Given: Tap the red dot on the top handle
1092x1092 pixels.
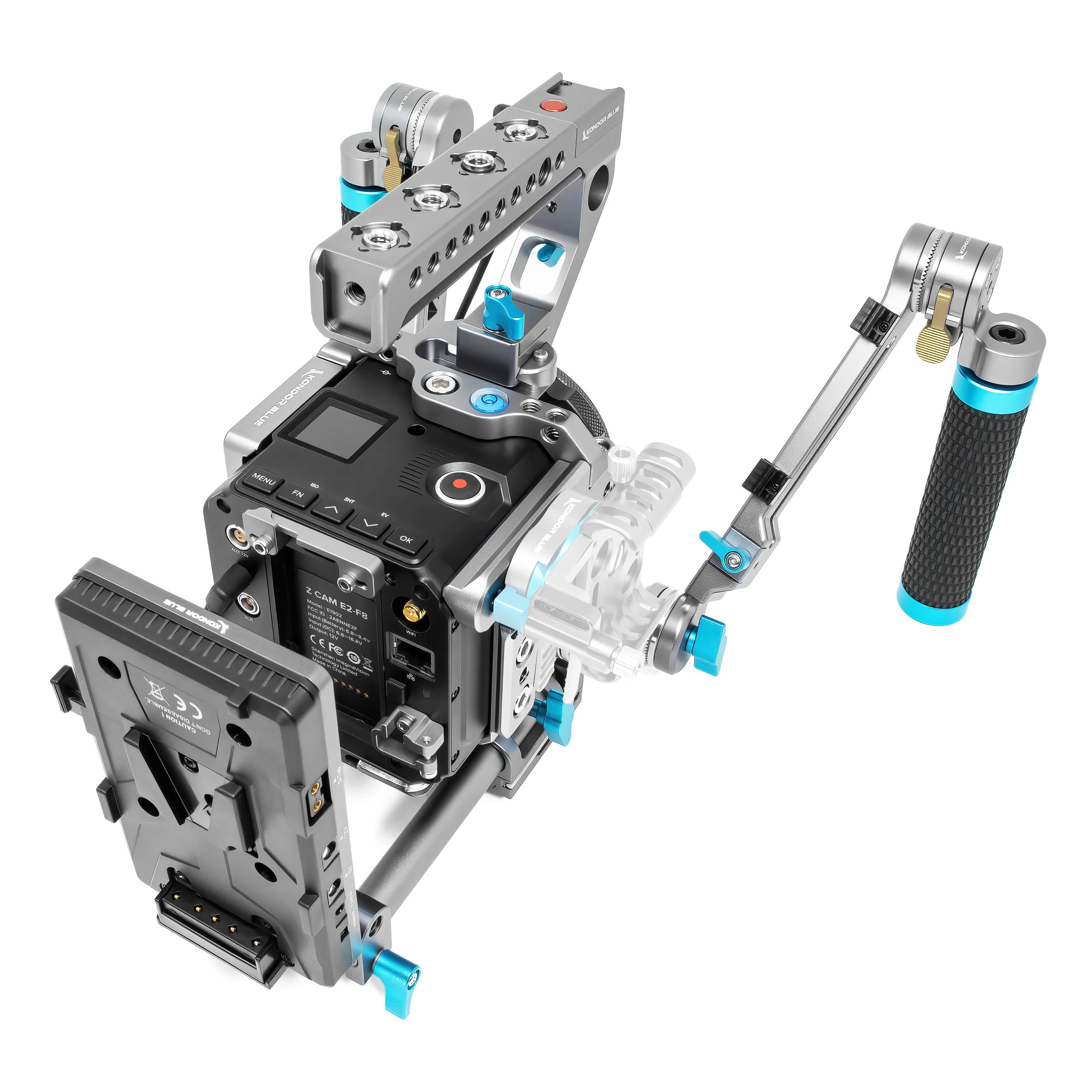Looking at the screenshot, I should [x=548, y=105].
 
